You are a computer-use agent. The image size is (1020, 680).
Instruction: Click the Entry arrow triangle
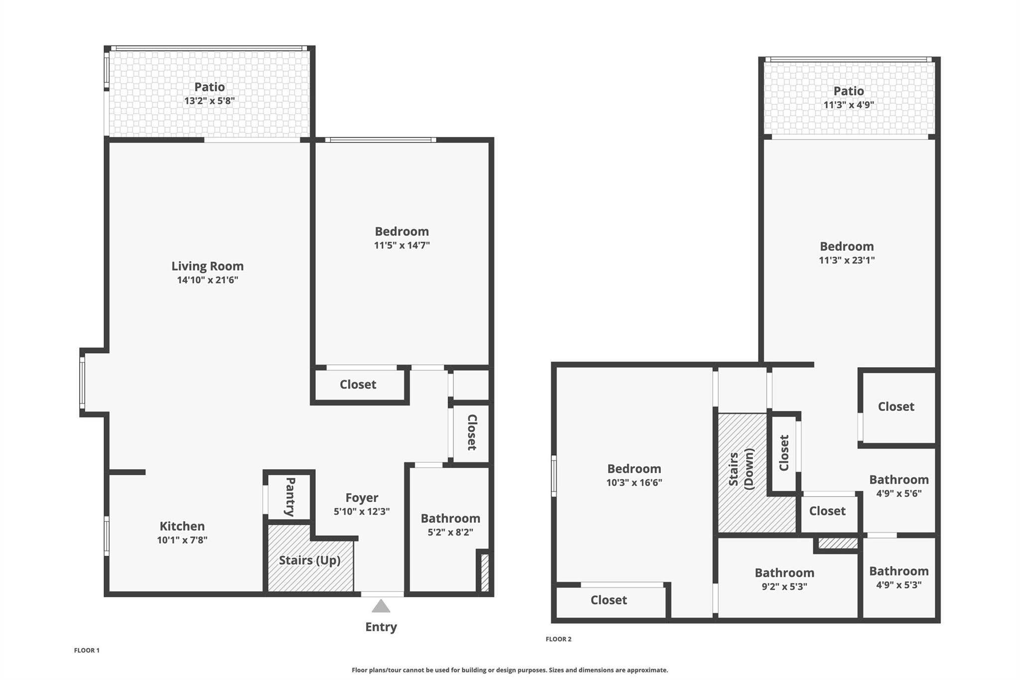pyautogui.click(x=381, y=606)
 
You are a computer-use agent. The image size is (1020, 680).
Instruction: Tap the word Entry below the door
pyautogui.click(x=381, y=627)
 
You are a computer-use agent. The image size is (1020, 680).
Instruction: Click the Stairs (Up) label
pyautogui.click(x=310, y=560)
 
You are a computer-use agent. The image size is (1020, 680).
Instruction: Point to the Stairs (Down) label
pyautogui.click(x=741, y=469)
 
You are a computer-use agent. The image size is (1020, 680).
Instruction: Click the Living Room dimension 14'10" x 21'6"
pyautogui.click(x=208, y=280)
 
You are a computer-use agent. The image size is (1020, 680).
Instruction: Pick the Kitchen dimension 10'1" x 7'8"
pyautogui.click(x=182, y=540)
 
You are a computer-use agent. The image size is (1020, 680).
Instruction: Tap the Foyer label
pyautogui.click(x=362, y=498)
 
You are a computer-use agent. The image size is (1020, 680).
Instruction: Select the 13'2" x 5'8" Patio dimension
pyautogui.click(x=210, y=101)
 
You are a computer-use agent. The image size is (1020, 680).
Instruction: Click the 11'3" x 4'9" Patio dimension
pyautogui.click(x=849, y=105)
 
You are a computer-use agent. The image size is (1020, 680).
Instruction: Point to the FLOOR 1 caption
pyautogui.click(x=87, y=650)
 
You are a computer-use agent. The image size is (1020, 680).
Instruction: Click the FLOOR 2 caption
pyautogui.click(x=559, y=639)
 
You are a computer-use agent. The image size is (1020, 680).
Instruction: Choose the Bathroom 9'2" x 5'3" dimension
pyautogui.click(x=784, y=587)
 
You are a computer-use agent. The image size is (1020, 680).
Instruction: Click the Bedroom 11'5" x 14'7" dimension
pyautogui.click(x=402, y=245)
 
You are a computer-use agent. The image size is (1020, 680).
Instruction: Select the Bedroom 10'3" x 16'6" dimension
pyautogui.click(x=634, y=482)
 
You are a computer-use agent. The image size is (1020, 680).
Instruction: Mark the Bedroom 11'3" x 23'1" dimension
pyautogui.click(x=847, y=260)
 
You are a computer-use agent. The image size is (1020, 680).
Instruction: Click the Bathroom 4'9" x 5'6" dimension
pyautogui.click(x=899, y=494)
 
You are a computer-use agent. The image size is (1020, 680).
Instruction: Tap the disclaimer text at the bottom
pyautogui.click(x=510, y=670)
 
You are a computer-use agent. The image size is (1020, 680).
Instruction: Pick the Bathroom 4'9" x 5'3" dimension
pyautogui.click(x=899, y=585)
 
